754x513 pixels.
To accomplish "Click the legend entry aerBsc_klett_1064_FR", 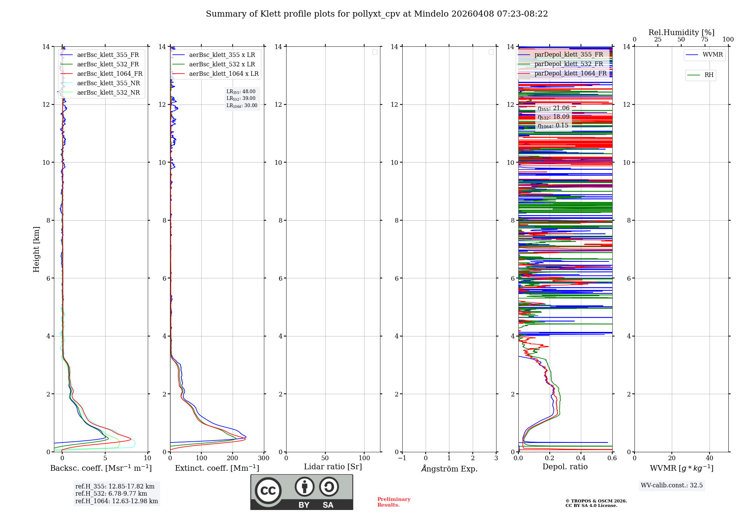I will (109, 74).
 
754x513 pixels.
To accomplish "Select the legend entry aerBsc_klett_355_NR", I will (108, 83).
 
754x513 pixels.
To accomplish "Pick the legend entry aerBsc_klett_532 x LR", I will (222, 65).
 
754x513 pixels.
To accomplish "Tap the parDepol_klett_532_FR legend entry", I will (569, 64).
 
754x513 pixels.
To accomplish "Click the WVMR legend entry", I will (712, 55).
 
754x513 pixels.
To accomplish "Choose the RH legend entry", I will (709, 75).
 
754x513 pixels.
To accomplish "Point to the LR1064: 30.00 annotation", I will (242, 106).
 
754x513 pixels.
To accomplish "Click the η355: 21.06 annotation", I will (553, 108).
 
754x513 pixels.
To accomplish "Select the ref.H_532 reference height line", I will (111, 494).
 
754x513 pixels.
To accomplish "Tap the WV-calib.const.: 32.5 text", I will (671, 485).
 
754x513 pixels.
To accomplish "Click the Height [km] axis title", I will (36, 249).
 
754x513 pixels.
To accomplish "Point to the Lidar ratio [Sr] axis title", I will (333, 467).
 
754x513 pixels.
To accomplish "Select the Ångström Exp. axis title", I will (449, 469).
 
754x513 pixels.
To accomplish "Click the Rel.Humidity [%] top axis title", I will (681, 32).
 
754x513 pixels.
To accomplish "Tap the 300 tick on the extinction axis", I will (264, 458).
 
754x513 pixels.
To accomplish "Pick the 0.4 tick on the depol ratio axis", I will (581, 458).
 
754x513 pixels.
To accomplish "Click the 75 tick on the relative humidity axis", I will (704, 40).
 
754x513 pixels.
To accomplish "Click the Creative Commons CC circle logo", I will (268, 491).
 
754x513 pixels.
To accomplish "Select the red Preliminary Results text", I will (394, 502).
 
